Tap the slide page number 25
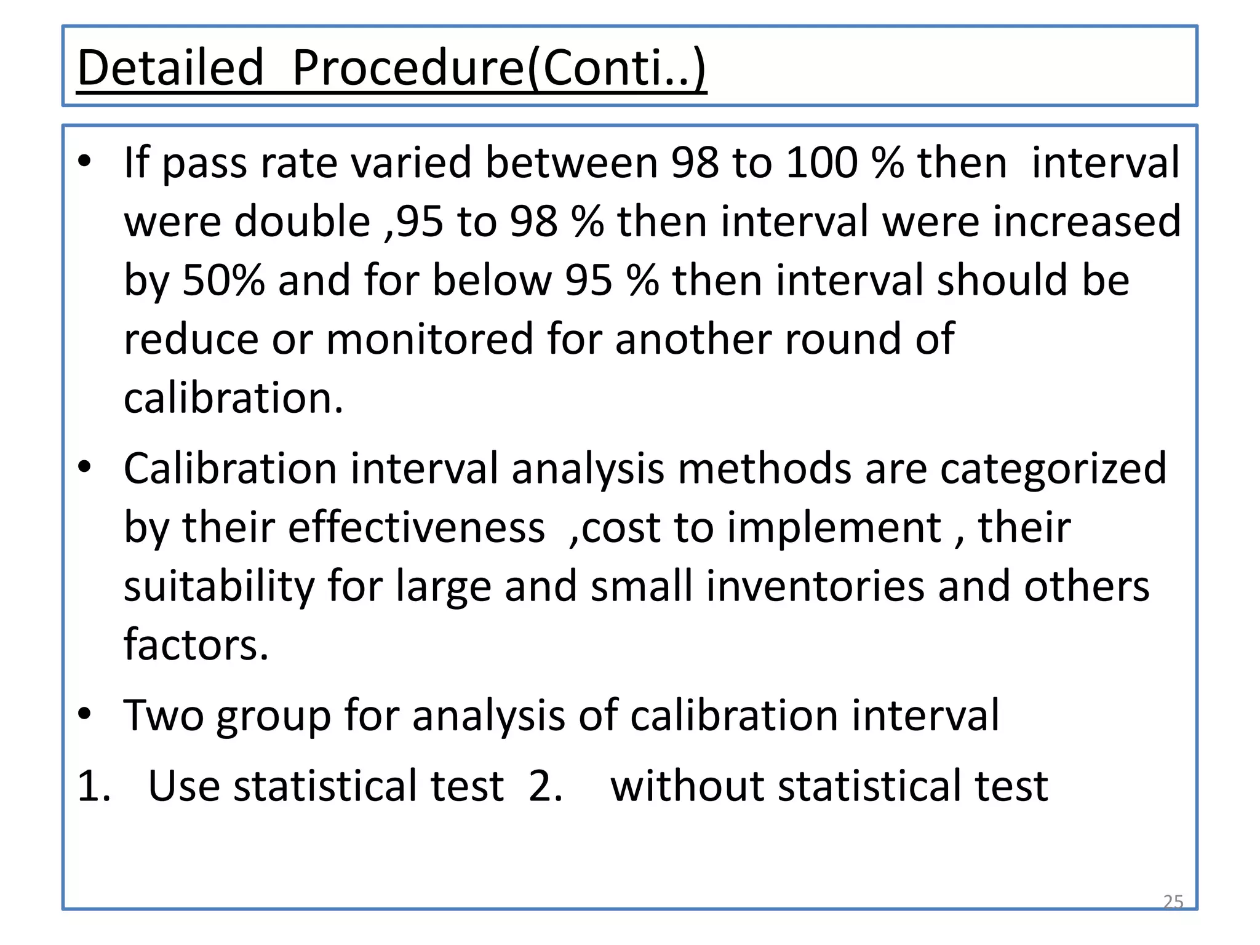point(1173,901)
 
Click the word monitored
point(429,339)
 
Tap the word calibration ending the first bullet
point(233,398)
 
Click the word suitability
point(219,586)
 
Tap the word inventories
point(815,586)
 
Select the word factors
point(196,645)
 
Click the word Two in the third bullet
point(163,716)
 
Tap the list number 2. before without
point(545,786)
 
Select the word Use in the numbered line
point(184,786)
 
